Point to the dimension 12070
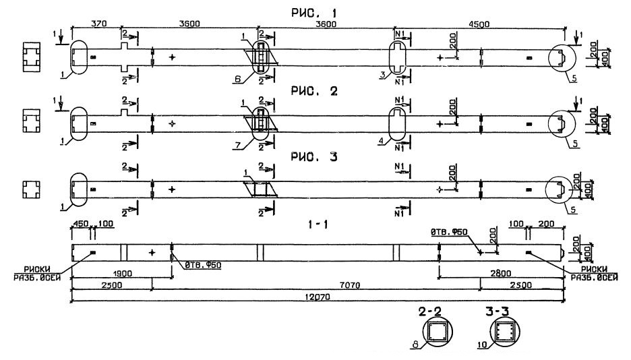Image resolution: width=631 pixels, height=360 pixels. (x=317, y=296)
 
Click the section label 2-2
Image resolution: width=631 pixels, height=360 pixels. (x=436, y=312)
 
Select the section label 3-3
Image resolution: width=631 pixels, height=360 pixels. (x=500, y=312)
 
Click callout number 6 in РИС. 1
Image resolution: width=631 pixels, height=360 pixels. (x=237, y=79)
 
